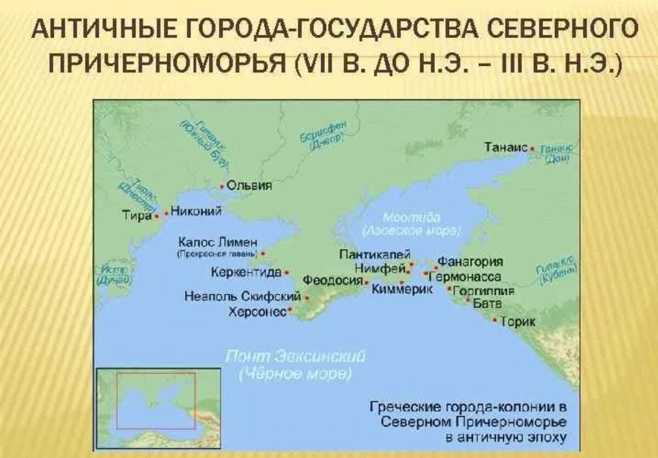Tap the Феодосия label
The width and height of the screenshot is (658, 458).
point(333,280)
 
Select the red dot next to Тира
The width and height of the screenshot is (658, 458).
point(157,217)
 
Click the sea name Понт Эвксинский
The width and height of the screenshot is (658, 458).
point(296,357)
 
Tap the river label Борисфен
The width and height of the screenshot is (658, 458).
point(324,129)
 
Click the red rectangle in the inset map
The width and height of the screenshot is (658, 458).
point(156,400)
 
